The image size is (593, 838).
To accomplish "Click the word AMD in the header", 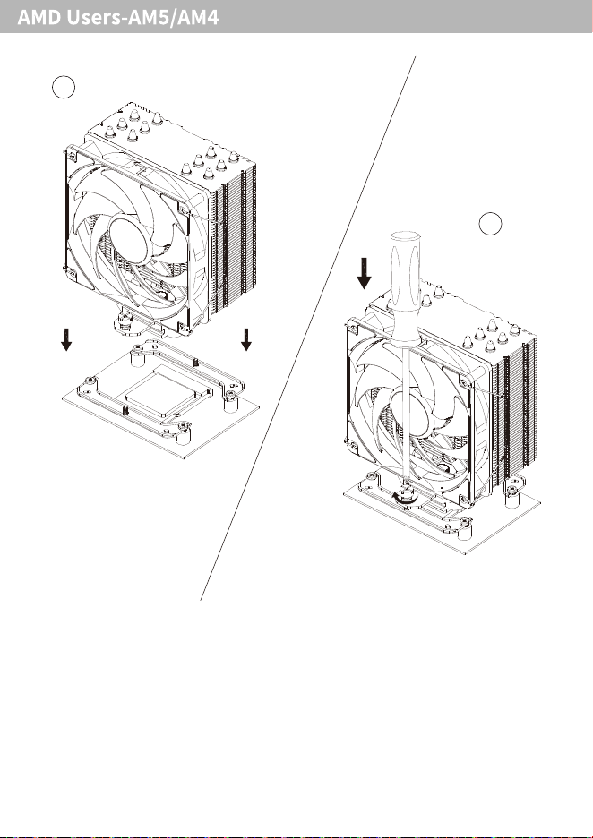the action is [39, 18].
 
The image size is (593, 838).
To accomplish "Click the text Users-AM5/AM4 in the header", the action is [142, 18].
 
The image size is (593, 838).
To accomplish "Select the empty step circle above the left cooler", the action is [64, 88].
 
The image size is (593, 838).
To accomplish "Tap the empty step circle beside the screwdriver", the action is [490, 224].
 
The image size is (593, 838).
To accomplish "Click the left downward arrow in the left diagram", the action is [66, 340].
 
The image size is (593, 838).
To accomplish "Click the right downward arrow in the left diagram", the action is [246, 340].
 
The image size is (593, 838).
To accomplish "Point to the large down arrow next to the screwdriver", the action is [365, 273].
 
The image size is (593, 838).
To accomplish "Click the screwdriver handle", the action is [407, 287].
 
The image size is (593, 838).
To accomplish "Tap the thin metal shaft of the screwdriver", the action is [408, 413].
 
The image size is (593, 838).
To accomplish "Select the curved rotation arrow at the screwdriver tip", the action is [404, 498].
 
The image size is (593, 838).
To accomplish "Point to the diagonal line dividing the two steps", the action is [308, 328].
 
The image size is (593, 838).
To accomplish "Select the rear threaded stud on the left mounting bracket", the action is [196, 363].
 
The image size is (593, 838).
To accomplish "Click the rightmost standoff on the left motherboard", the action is [231, 401].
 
